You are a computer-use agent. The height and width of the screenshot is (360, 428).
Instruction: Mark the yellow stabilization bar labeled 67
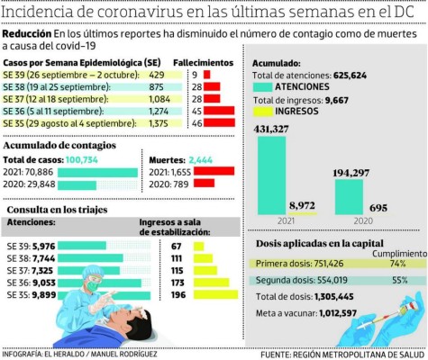click(196, 244)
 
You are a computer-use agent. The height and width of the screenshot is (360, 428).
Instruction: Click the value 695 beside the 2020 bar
click(379, 208)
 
